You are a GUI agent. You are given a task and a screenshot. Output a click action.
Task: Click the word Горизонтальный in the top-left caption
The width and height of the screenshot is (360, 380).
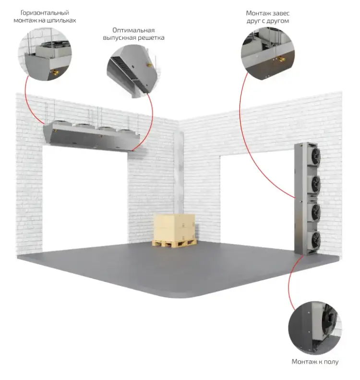pos(45,13)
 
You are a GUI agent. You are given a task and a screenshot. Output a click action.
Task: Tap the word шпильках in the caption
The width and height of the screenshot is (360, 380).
pos(61,20)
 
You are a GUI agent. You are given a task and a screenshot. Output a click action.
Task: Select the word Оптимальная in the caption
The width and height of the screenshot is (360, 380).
pos(133,30)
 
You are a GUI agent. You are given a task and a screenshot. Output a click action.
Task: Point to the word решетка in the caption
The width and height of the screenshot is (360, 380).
pos(151,38)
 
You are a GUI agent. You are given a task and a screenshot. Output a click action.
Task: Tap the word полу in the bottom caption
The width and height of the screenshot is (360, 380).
pos(331,362)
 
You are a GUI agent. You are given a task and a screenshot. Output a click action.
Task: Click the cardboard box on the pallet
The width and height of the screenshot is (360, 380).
pos(175,227)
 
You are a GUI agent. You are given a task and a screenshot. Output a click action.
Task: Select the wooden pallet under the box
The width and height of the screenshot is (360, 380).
pos(174,243)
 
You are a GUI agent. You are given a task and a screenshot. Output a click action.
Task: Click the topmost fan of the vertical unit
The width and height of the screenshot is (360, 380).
pos(315,155)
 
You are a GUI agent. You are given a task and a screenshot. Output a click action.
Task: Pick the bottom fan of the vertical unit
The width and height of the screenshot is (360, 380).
pos(315,240)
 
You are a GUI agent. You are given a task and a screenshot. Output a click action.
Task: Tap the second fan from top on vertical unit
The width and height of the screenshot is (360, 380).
pos(315,184)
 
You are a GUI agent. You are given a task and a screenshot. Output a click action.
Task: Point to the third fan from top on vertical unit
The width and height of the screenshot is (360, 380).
pos(315,212)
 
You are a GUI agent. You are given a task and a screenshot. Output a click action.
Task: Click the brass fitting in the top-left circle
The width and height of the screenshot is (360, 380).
pos(56,72)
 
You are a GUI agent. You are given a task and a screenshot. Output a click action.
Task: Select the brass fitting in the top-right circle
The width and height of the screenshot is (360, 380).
pos(281,59)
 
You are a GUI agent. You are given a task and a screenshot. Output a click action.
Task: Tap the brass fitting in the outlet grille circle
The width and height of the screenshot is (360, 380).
pos(149,64)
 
